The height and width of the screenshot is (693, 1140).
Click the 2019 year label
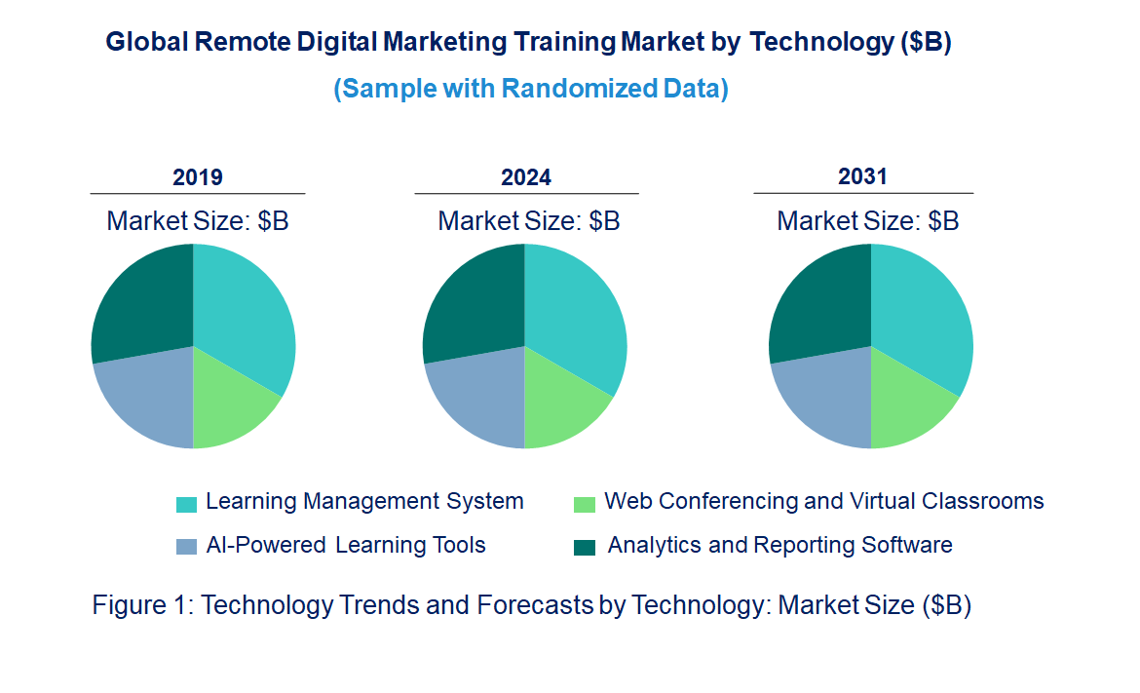[198, 177]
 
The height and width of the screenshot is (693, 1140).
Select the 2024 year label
[526, 177]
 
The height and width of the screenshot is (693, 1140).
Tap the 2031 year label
[862, 176]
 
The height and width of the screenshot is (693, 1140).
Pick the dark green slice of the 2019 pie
[142, 302]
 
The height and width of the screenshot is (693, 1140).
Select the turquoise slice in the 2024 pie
[575, 312]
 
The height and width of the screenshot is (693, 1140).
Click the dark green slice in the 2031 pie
[819, 302]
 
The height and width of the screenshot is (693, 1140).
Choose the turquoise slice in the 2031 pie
[921, 312]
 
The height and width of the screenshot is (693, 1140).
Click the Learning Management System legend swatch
[186, 504]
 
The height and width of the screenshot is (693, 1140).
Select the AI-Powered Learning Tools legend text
[346, 545]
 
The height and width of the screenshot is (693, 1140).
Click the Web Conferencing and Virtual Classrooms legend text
[823, 501]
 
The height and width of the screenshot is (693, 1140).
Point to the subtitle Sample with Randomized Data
[531, 89]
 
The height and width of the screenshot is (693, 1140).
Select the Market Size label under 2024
[528, 220]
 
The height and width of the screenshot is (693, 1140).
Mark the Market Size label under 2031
[867, 220]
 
